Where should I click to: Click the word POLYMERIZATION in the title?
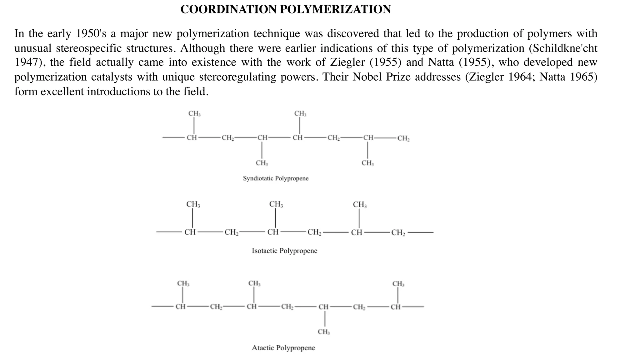click(335, 9)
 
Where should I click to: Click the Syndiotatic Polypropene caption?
click(276, 178)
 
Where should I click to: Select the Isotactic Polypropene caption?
click(284, 251)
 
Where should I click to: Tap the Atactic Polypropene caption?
click(283, 348)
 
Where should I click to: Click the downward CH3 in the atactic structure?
click(324, 332)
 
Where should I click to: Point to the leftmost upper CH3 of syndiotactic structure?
click(194, 113)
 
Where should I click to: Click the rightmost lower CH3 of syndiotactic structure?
click(367, 163)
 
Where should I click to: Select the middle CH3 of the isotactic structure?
click(276, 204)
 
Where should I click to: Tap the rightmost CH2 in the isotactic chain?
click(398, 232)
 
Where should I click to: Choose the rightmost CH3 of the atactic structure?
click(398, 284)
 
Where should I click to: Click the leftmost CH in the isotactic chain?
click(190, 232)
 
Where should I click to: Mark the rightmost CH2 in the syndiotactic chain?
click(403, 138)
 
